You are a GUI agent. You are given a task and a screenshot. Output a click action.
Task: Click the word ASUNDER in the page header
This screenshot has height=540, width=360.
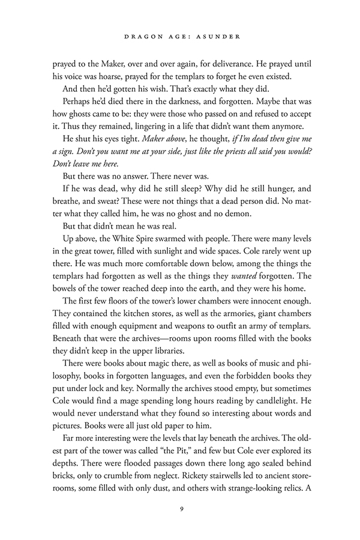[220, 37]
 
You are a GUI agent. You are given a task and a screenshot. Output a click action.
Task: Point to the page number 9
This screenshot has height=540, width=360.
[180, 510]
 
